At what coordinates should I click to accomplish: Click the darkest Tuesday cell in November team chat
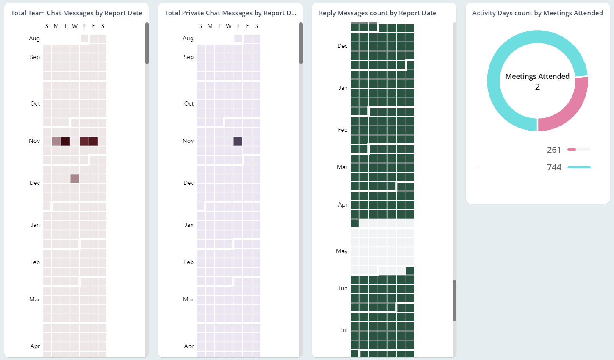65,141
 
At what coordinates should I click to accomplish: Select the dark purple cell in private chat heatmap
238,141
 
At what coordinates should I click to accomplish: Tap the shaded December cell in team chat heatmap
75,179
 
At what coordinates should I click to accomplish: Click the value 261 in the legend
554,150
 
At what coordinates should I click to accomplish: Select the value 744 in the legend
554,167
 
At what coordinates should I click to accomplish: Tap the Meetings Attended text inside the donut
537,76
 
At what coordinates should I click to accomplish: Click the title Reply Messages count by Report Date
377,13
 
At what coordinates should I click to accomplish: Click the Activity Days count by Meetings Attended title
537,13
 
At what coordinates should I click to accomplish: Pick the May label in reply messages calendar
342,251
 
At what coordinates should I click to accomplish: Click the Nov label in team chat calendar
34,141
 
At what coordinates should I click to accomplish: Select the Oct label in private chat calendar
189,103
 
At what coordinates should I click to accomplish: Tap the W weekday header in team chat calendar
75,26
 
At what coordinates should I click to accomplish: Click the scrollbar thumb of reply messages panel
455,300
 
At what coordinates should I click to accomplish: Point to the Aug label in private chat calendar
188,38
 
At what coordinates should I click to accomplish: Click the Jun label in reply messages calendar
343,288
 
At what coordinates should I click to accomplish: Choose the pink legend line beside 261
572,149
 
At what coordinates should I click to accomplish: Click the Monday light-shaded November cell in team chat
56,141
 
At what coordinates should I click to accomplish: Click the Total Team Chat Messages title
76,13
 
